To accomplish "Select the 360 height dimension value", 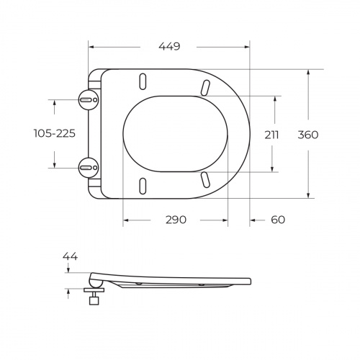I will pos(307,134).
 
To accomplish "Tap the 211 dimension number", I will pos(271,134).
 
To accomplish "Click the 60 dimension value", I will pos(279,220).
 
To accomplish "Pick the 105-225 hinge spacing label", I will pos(55,134).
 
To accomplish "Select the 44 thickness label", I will pos(70,256).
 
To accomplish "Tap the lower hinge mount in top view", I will pos(88,167).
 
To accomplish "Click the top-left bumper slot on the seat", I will pos(143,81).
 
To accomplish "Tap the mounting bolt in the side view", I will pos(93,295).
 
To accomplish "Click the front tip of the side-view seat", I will pos(249,282).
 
